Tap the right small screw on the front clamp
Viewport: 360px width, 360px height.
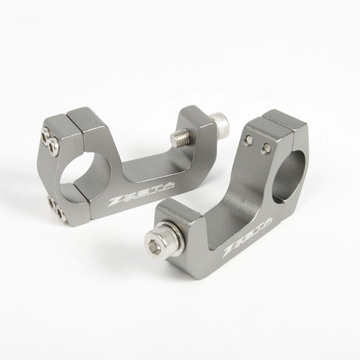(x=265, y=149)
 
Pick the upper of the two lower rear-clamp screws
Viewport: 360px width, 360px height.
(x=52, y=203)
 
